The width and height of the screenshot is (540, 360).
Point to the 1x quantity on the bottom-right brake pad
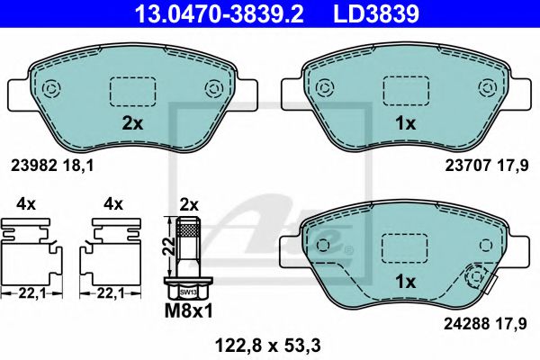(408, 282)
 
